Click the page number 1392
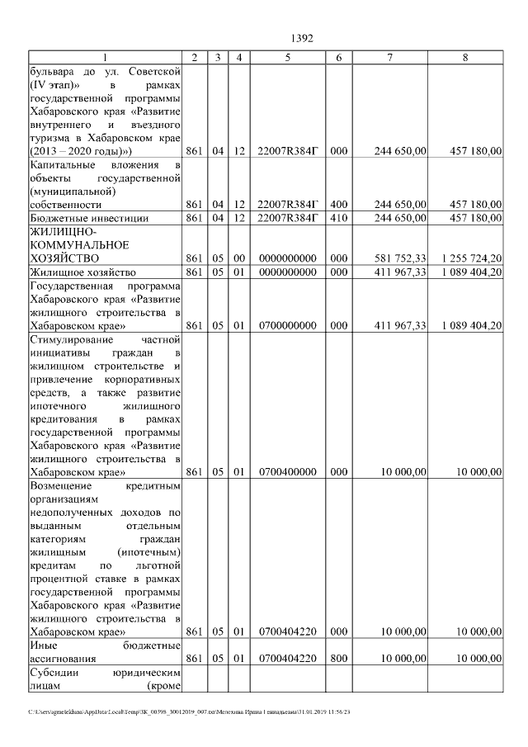click(304, 38)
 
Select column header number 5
click(287, 57)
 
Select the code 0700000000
click(287, 326)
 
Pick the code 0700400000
click(287, 472)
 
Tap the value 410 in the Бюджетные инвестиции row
click(339, 218)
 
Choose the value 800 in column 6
click(339, 659)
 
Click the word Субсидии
click(51, 673)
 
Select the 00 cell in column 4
click(238, 258)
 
